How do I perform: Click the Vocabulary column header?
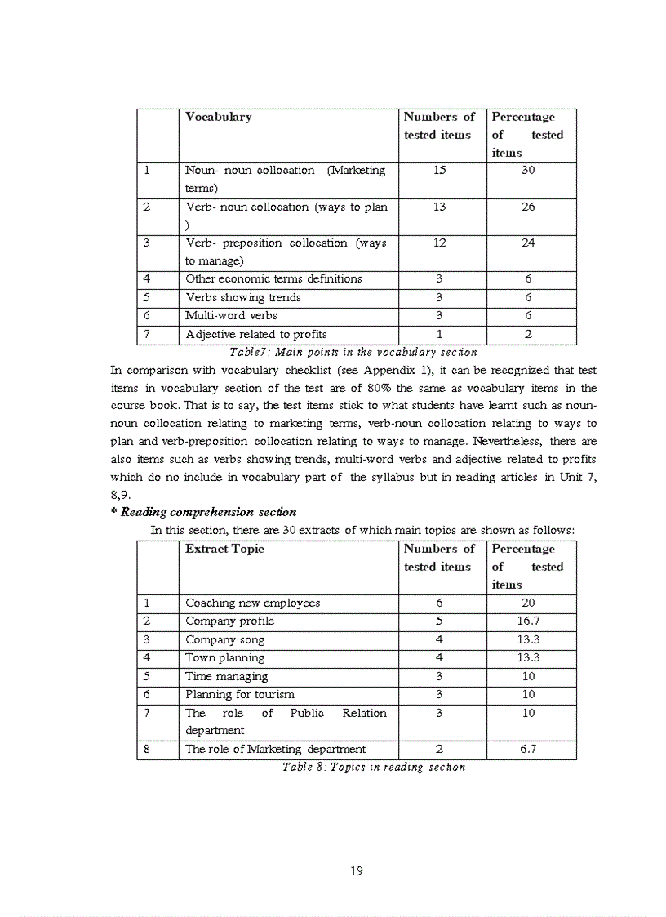pyautogui.click(x=218, y=117)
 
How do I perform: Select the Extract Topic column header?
pyautogui.click(x=224, y=549)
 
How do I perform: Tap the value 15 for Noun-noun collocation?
pyautogui.click(x=440, y=171)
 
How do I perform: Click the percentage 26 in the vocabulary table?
pyautogui.click(x=528, y=207)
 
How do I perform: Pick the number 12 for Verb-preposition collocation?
pyautogui.click(x=440, y=243)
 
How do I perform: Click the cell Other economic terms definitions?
pyautogui.click(x=273, y=278)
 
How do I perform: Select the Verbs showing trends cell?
pyautogui.click(x=242, y=297)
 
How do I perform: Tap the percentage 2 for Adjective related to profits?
pyautogui.click(x=528, y=334)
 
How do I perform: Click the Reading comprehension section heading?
pyautogui.click(x=203, y=512)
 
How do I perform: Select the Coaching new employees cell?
pyautogui.click(x=252, y=603)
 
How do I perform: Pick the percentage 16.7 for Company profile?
pyautogui.click(x=528, y=621)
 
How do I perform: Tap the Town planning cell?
pyautogui.click(x=224, y=657)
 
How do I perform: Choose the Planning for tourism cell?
pyautogui.click(x=240, y=694)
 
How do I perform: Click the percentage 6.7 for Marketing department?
pyautogui.click(x=528, y=749)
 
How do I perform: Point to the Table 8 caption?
pyautogui.click(x=373, y=767)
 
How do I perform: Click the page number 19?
pyautogui.click(x=356, y=870)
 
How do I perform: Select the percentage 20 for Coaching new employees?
pyautogui.click(x=528, y=603)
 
